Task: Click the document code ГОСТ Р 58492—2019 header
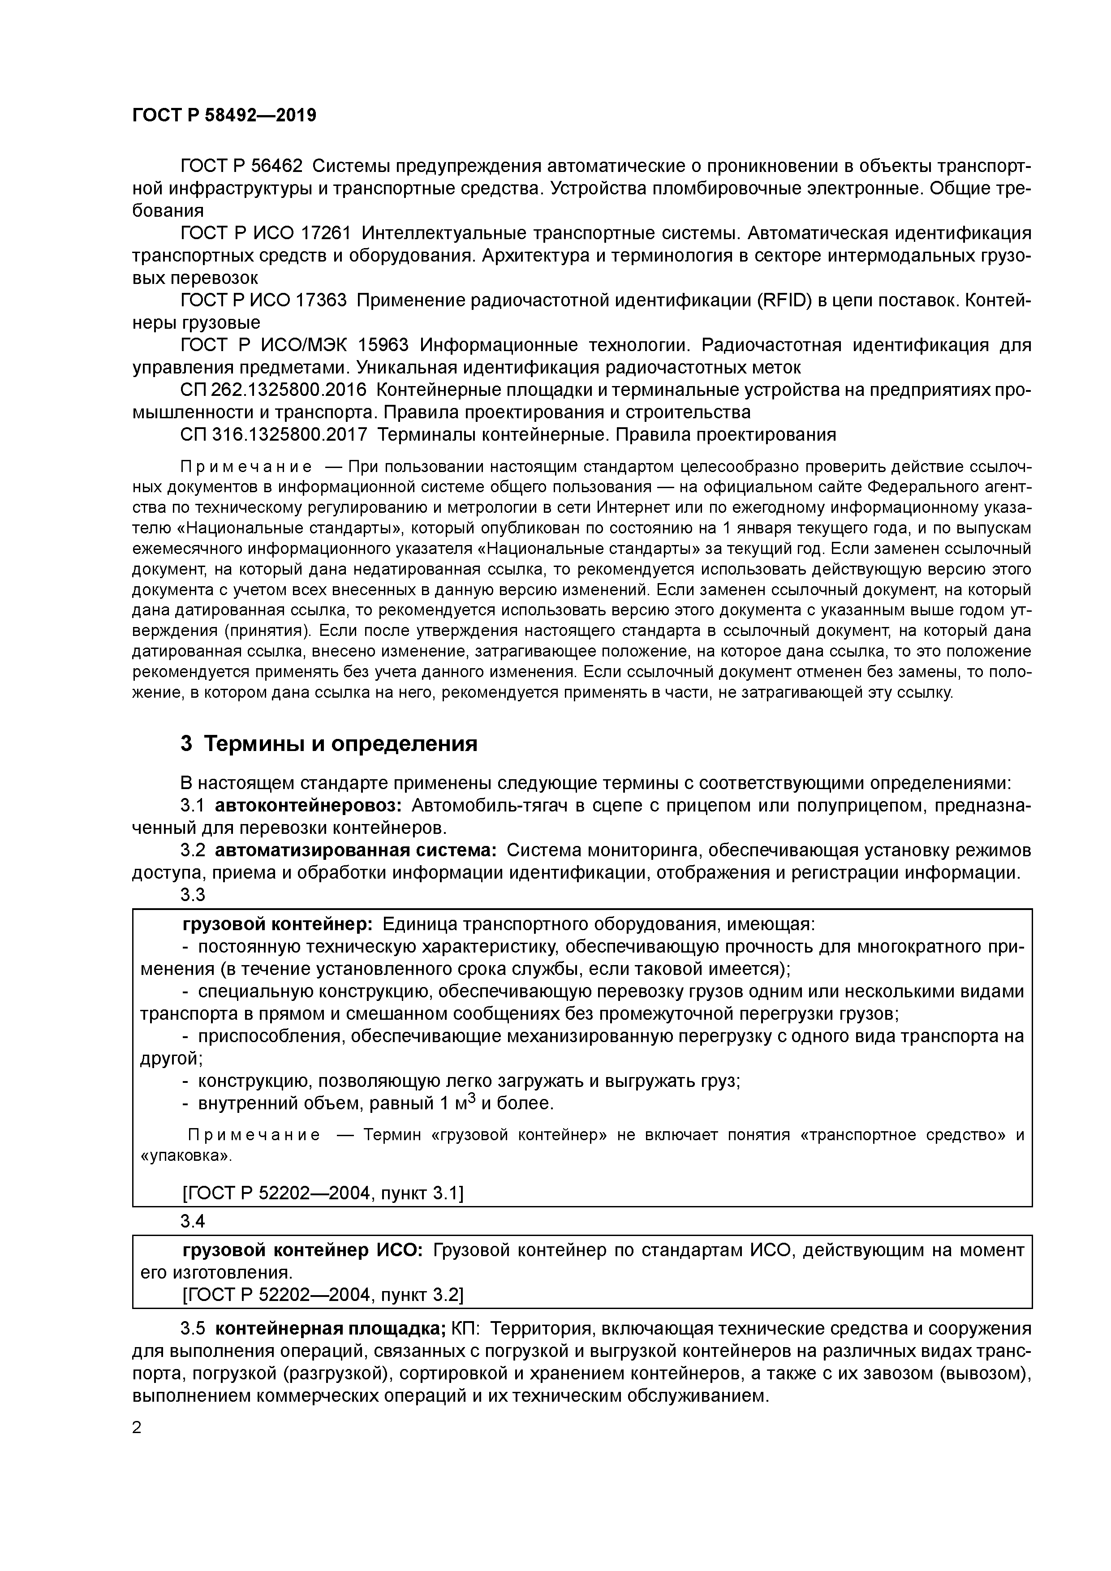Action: click(x=224, y=116)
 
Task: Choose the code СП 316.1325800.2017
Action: click(x=274, y=435)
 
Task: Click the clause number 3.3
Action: click(x=193, y=895)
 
